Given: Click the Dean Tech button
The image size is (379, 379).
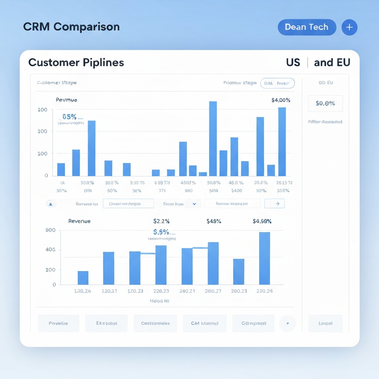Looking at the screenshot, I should click(306, 27).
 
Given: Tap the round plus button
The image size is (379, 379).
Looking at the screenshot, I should click(349, 27).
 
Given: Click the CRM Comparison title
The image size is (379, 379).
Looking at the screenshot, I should click(71, 27).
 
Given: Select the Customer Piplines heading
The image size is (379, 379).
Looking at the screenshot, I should click(76, 62).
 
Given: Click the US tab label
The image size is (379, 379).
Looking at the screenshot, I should click(293, 63).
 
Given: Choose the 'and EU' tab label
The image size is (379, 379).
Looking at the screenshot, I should click(332, 63).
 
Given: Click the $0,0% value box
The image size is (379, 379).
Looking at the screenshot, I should click(325, 104).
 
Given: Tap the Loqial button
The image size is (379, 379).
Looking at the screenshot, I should click(325, 323).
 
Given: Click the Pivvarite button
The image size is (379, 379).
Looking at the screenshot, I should click(58, 323).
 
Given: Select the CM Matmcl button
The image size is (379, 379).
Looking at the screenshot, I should click(204, 323).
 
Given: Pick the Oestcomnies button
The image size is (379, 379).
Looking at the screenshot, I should click(155, 323).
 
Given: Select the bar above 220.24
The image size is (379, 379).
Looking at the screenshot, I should click(264, 258).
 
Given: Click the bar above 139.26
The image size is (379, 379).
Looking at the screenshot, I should click(83, 278).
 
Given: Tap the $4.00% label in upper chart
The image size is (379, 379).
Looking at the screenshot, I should click(281, 100).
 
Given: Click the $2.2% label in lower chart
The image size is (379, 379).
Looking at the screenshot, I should click(161, 221).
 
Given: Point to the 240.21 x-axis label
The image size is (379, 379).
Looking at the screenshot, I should click(187, 291).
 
